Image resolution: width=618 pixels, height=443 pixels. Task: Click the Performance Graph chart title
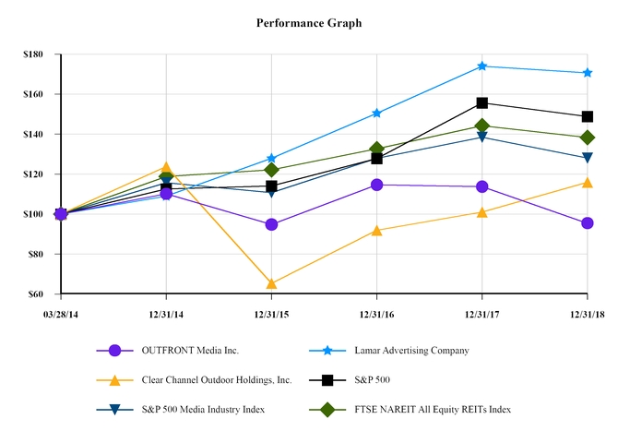click(x=309, y=22)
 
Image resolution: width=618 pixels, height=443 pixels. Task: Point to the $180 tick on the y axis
click(x=33, y=54)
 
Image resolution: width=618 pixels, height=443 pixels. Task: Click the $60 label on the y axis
click(x=36, y=293)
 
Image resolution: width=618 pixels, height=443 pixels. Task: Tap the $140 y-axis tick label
click(x=33, y=134)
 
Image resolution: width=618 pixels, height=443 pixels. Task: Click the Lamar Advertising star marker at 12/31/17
click(x=482, y=66)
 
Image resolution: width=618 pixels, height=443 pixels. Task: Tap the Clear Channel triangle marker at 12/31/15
click(x=271, y=283)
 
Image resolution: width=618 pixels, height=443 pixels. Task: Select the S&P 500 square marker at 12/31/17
click(x=482, y=103)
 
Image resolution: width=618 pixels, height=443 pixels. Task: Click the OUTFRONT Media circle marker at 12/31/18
click(x=588, y=223)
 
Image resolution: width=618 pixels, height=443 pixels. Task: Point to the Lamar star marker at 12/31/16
click(x=377, y=114)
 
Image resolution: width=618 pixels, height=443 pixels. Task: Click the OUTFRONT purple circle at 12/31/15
click(x=271, y=224)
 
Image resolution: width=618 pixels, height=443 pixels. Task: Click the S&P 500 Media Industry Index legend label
click(x=203, y=409)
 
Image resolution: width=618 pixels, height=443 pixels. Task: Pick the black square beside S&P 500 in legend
click(x=326, y=379)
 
